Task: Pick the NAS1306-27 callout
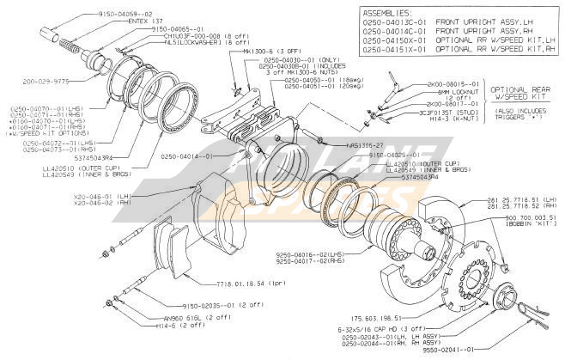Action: (x=367, y=145)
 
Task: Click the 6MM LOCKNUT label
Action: (x=431, y=91)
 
